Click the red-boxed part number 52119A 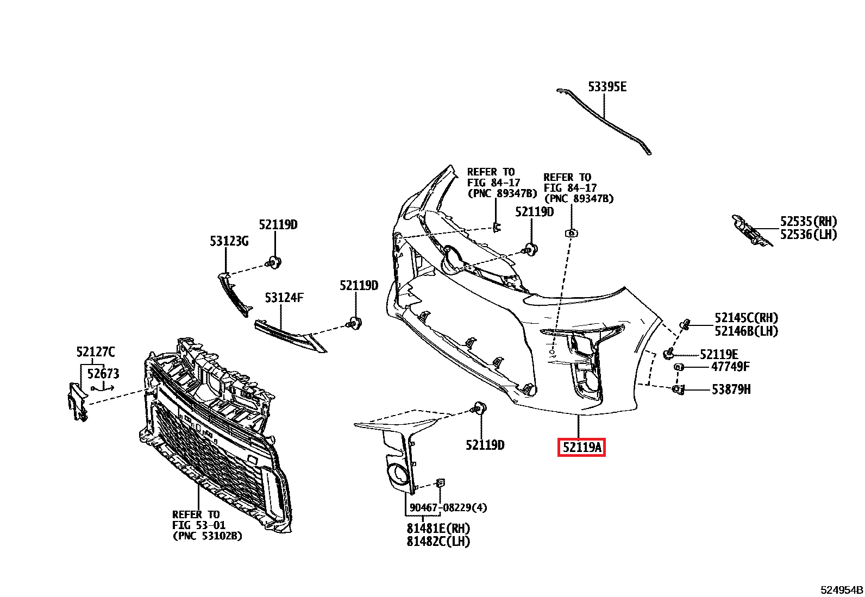coord(581,448)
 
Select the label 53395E coord(607,87)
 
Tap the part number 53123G coord(229,241)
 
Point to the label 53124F coord(284,298)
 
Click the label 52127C coord(96,352)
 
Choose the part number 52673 coord(103,374)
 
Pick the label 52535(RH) coord(808,222)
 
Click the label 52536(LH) coord(808,235)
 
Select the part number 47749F coord(730,367)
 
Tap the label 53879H coord(731,389)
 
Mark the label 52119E coord(719,355)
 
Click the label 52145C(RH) coord(746,318)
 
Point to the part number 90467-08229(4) coord(448,507)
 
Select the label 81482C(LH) coord(438,542)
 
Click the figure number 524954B coord(842,590)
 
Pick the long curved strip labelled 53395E coord(603,118)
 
